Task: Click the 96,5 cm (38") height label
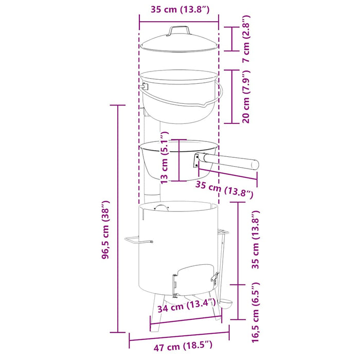click(105, 229)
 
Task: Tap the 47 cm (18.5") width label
click(183, 346)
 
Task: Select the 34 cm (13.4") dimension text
click(186, 306)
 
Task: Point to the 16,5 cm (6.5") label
click(256, 312)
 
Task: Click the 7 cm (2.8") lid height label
click(246, 39)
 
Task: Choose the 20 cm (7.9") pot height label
click(246, 97)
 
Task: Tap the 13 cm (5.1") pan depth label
click(165, 158)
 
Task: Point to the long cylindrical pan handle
click(231, 161)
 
